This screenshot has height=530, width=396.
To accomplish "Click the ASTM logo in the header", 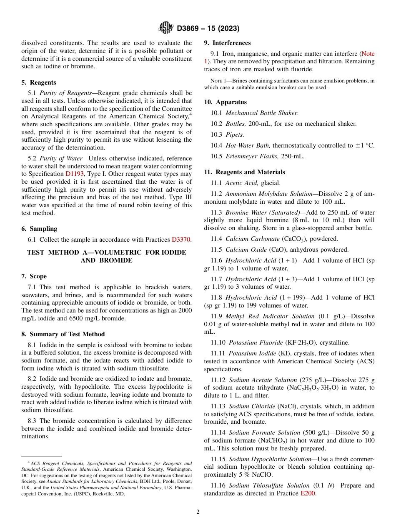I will tap(166, 28).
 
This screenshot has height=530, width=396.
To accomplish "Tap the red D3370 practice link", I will tap(181, 240).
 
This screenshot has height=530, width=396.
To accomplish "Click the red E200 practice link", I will tap(308, 494).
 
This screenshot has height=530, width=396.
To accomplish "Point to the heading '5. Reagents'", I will tap(38, 82).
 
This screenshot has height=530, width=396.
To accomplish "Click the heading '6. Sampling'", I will tap(39, 229).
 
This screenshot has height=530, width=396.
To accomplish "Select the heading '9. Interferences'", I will tap(227, 43).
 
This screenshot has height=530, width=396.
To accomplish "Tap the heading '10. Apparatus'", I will tap(225, 102).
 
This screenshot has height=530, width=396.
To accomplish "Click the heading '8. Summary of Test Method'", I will tap(63, 334).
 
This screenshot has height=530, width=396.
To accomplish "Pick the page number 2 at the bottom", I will tap(198, 512).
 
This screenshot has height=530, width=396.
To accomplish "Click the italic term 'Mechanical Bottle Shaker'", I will tap(261, 113).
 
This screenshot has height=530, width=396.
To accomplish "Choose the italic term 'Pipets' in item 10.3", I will tap(235, 135).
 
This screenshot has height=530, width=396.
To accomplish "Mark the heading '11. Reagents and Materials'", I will tap(244, 172).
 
